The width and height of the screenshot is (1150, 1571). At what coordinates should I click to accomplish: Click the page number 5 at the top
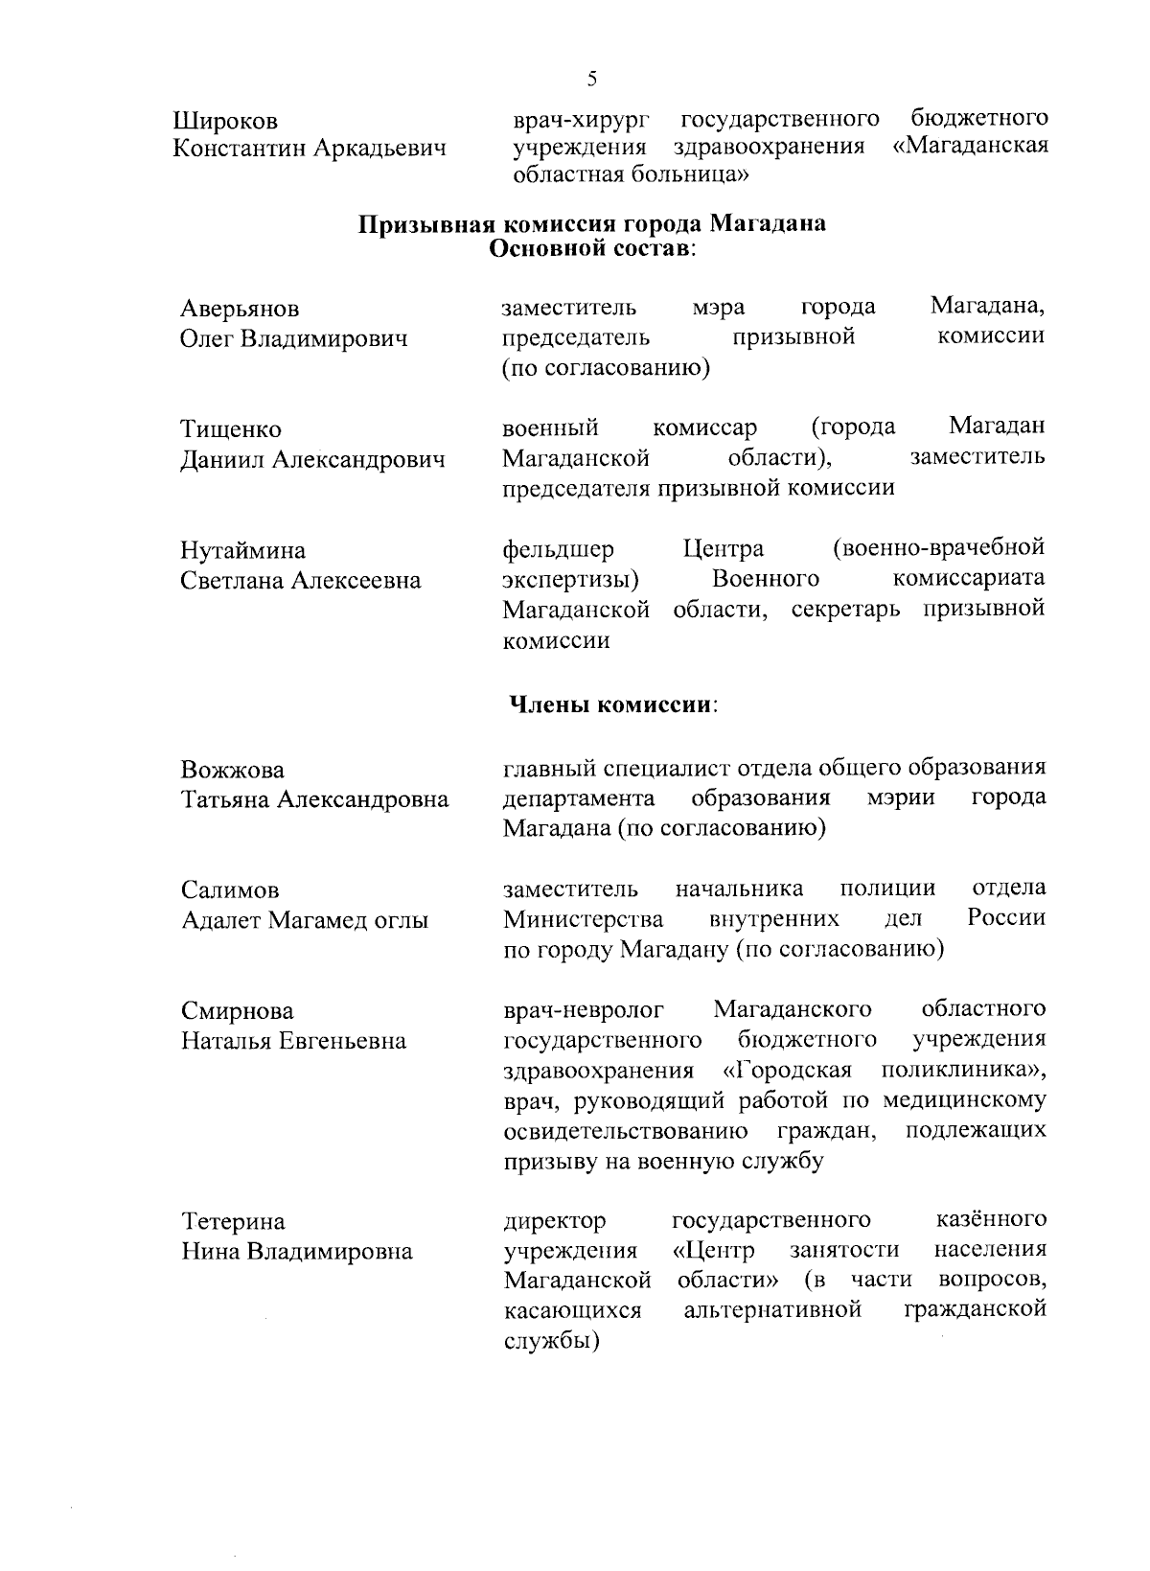(x=592, y=79)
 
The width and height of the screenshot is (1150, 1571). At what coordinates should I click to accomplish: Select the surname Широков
(x=226, y=122)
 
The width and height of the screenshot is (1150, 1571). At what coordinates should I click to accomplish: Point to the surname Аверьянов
(x=240, y=309)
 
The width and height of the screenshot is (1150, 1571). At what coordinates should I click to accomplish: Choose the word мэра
(x=719, y=308)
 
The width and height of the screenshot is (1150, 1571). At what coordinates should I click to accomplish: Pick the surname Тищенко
(x=231, y=429)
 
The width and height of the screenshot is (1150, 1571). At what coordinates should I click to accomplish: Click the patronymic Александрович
(x=359, y=460)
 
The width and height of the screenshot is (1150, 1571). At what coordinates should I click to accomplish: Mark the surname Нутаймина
(x=243, y=551)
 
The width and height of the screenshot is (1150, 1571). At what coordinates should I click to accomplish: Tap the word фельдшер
(x=559, y=550)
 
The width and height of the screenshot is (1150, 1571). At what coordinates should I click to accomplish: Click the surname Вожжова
(x=233, y=771)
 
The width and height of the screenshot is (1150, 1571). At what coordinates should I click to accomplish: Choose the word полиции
(x=887, y=889)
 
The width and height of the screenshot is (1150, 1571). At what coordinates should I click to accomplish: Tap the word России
(x=1006, y=918)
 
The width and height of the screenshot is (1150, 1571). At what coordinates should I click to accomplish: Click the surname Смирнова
(x=238, y=1012)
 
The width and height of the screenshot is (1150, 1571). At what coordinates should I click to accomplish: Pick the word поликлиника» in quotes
(x=964, y=1070)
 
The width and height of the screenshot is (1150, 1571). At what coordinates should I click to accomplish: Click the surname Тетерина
(x=233, y=1222)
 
